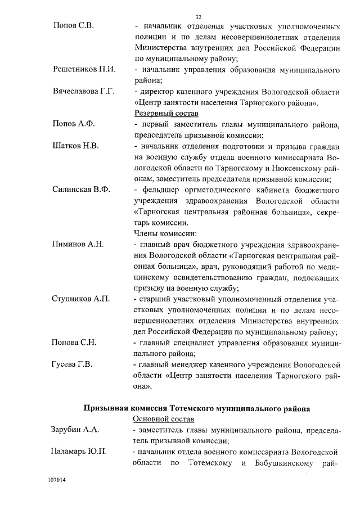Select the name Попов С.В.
coord(74,26)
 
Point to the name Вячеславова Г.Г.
coord(84,92)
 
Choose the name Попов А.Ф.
coord(75,124)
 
